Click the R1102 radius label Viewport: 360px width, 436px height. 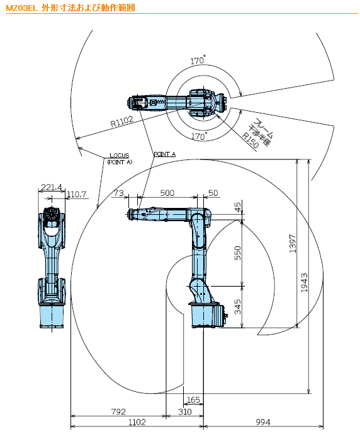tap(122, 122)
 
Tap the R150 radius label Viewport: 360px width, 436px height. tap(250, 140)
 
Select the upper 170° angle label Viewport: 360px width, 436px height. tap(198, 60)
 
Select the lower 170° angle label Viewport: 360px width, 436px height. tap(199, 136)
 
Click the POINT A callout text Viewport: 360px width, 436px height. tap(165, 154)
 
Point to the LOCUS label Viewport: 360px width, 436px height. tap(120, 156)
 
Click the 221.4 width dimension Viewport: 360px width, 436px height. tap(52, 187)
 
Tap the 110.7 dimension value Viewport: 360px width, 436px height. tap(77, 194)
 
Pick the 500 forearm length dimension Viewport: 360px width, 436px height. tap(167, 193)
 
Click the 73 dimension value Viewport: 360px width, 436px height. tap(119, 193)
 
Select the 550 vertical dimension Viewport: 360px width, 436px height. tap(237, 253)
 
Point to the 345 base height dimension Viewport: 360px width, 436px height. tap(237, 307)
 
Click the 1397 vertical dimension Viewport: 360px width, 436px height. tap(293, 244)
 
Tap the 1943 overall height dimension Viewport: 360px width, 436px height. tap(305, 282)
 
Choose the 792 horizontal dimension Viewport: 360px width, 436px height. tap(118, 411)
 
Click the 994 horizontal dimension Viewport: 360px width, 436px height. tap(263, 422)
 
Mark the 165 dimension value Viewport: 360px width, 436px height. tap(193, 400)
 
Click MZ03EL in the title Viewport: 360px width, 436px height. tap(21, 8)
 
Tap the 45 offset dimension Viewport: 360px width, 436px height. tap(238, 207)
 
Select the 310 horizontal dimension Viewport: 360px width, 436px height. tap(185, 411)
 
